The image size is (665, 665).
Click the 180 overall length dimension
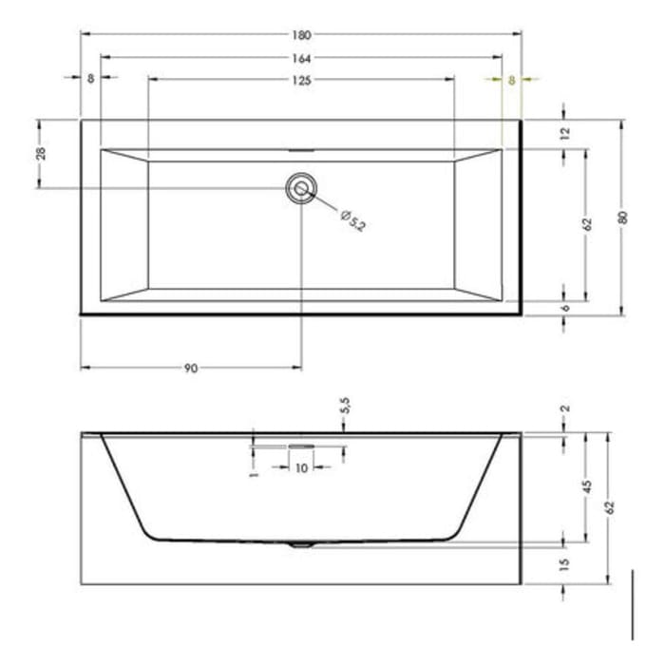point(301,35)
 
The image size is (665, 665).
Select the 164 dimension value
point(301,58)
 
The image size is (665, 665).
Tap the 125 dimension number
point(301,81)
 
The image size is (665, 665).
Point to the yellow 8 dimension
point(511,81)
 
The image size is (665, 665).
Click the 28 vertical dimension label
point(42,154)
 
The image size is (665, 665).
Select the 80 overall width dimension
point(623,217)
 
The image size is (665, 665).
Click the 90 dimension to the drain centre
point(191,369)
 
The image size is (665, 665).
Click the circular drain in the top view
point(302,188)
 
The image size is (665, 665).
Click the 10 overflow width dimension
point(302,468)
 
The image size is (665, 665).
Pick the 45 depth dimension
point(587,485)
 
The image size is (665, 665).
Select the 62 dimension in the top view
point(587,224)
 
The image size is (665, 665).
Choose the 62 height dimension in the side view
point(610,507)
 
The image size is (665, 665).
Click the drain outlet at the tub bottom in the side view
point(302,545)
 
